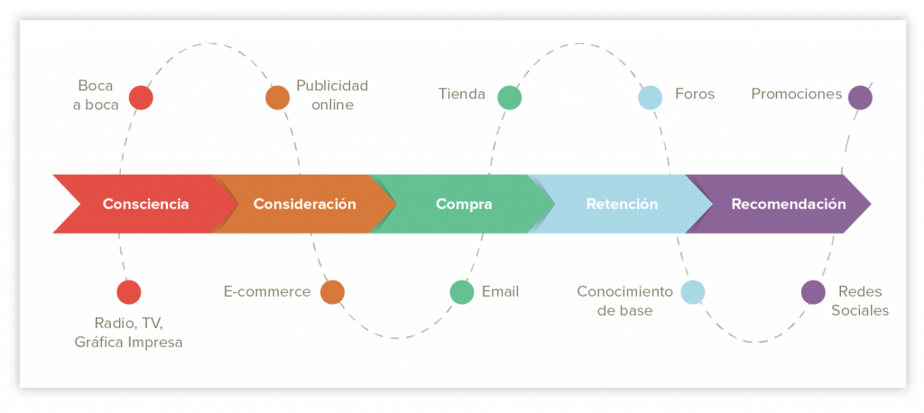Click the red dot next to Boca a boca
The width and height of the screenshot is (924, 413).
(141, 97)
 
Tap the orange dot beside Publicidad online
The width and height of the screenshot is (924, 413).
(278, 97)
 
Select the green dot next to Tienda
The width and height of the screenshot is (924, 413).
(510, 97)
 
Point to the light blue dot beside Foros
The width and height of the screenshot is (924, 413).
(650, 97)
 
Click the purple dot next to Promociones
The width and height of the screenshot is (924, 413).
(860, 97)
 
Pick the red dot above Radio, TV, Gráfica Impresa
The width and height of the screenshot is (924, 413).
(129, 292)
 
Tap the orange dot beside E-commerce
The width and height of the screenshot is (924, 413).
(332, 292)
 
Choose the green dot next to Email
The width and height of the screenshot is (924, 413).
(462, 292)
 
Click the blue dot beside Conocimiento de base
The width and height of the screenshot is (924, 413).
(693, 292)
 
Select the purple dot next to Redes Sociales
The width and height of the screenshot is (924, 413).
(813, 292)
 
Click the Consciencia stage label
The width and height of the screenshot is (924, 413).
(145, 205)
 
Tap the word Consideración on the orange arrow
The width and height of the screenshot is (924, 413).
(305, 205)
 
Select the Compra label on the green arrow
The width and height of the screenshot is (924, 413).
(464, 205)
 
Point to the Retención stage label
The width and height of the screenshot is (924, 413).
(622, 205)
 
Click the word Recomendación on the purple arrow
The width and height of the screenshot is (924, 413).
(789, 205)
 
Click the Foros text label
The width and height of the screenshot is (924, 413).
(695, 95)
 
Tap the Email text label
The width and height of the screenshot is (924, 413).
(500, 291)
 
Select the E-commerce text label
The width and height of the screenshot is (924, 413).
(267, 291)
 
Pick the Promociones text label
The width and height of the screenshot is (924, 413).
(796, 95)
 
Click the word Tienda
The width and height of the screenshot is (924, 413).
(462, 95)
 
